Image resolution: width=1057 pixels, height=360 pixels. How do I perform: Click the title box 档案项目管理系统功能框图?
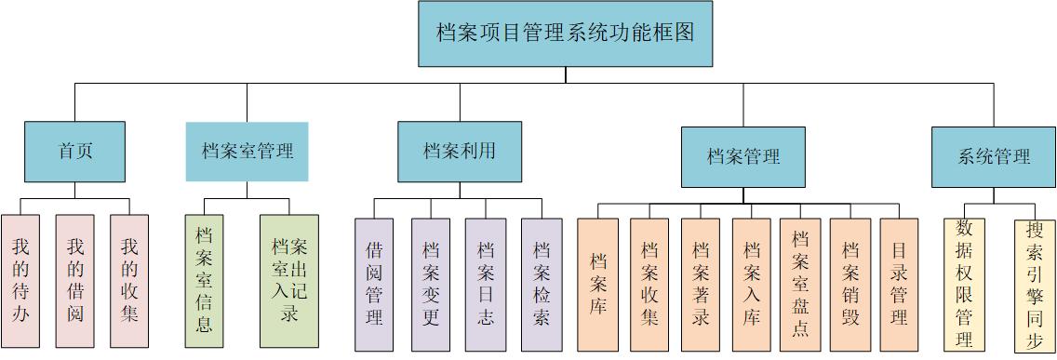pos(565,33)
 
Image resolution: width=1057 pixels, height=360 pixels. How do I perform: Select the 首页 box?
pos(74,152)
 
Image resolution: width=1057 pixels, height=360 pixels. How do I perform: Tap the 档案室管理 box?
pos(247,152)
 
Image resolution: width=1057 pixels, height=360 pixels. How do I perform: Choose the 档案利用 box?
pos(459,151)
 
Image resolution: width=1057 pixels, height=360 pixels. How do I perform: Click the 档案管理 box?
pos(743,157)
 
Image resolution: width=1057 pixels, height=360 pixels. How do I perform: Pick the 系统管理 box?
pos(994,156)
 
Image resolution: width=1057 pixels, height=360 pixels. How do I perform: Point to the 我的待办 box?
pos(20,280)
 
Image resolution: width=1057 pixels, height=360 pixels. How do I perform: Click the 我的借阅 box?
pos(75,280)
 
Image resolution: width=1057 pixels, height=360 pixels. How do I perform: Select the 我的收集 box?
pos(129,280)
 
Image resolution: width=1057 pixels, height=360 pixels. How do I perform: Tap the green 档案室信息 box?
pos(205,282)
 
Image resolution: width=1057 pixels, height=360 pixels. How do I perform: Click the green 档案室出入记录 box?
pos(288,282)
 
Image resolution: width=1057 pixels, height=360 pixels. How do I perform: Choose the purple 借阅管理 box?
pos(374,285)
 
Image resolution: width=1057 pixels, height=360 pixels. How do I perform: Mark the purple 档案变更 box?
pos(430,285)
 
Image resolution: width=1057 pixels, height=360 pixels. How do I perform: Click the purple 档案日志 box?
pos(485,285)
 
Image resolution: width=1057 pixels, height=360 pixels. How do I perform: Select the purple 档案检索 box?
pos(542,285)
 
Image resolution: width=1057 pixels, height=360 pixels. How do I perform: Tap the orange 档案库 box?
pos(597,285)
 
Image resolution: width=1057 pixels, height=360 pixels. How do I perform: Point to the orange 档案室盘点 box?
pos(800,285)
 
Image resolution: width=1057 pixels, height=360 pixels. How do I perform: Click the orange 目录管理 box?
pos(899,285)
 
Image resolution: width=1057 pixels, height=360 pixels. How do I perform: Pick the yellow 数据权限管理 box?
pos(964,285)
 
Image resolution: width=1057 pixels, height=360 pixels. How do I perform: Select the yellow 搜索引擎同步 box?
pos(1035,285)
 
